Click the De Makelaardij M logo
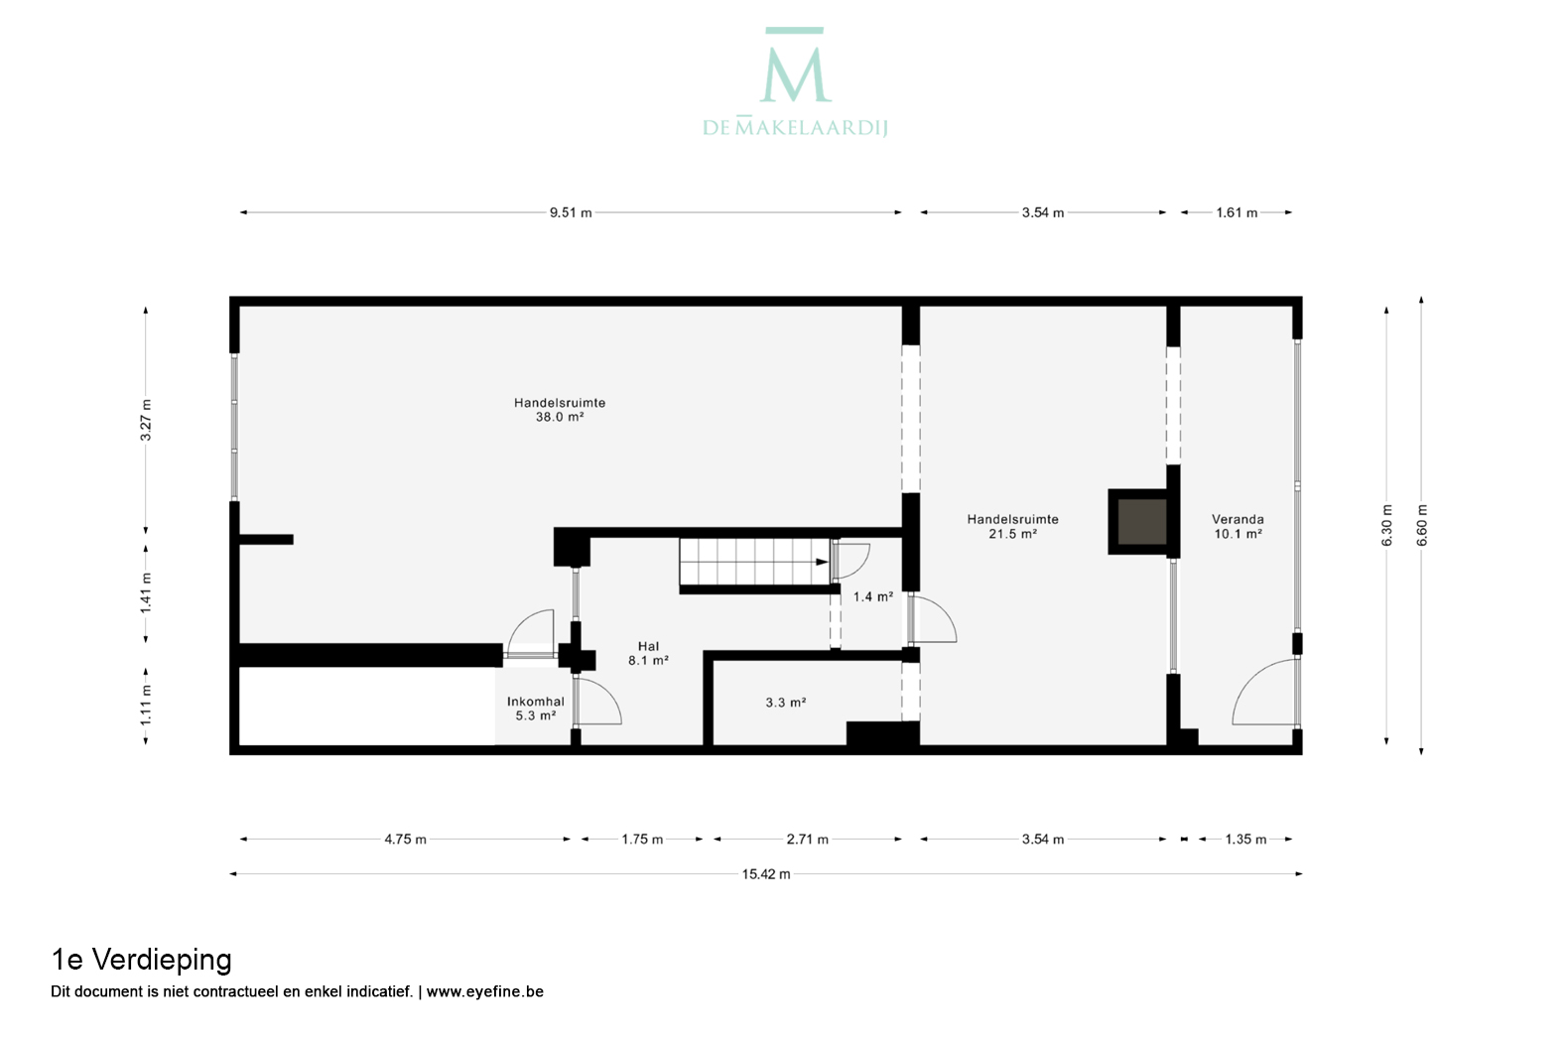(796, 65)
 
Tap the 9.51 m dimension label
(571, 212)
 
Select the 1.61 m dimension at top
(1237, 212)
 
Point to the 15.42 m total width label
(766, 874)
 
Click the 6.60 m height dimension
(1422, 525)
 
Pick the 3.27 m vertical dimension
(146, 420)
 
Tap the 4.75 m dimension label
(406, 840)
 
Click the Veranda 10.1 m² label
(1238, 527)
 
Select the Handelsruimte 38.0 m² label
(560, 410)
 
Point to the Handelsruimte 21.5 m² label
(1013, 527)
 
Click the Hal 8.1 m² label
(648, 653)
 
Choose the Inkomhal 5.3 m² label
(536, 709)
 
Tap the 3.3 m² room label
(786, 703)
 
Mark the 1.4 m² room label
(873, 596)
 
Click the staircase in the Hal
(755, 562)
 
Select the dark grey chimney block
(1142, 522)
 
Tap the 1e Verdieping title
(141, 960)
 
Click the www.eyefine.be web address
(484, 991)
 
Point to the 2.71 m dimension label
(808, 840)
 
